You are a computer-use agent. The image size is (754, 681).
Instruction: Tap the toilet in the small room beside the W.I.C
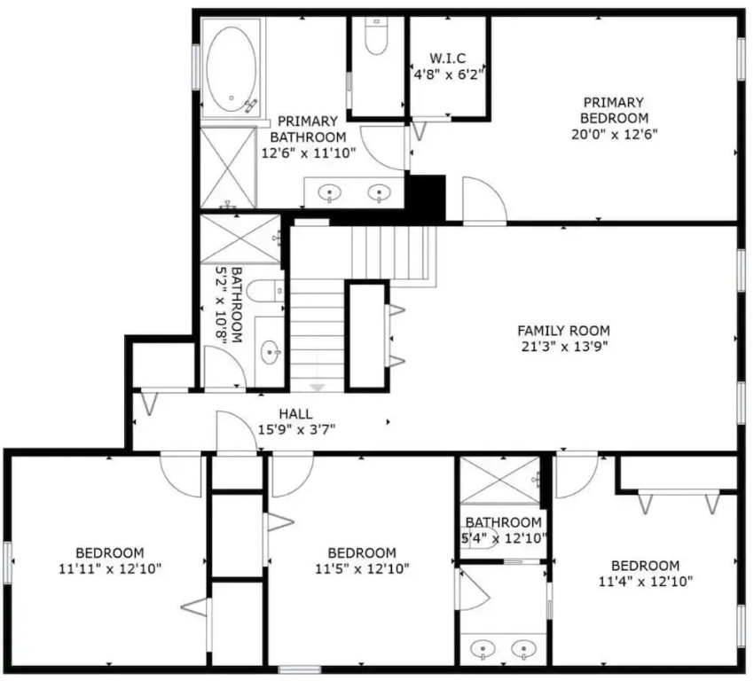pyautogui.click(x=376, y=36)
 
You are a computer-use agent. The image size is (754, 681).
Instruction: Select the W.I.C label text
pyautogui.click(x=448, y=59)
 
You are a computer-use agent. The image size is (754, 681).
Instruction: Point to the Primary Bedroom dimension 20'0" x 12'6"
pyautogui.click(x=614, y=134)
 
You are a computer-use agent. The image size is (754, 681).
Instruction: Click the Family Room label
pyautogui.click(x=563, y=331)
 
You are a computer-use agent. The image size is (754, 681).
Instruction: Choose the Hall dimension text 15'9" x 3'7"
pyautogui.click(x=296, y=429)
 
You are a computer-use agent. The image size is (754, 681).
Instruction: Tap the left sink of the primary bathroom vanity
pyautogui.click(x=330, y=192)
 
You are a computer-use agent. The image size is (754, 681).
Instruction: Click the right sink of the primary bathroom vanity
pyautogui.click(x=380, y=192)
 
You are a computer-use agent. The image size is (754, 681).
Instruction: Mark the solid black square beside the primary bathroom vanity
pyautogui.click(x=425, y=199)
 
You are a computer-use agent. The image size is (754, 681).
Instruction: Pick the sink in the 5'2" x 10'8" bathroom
pyautogui.click(x=271, y=353)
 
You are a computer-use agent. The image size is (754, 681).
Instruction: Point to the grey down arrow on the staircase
pyautogui.click(x=318, y=387)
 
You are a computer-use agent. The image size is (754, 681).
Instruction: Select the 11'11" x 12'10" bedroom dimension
pyautogui.click(x=110, y=569)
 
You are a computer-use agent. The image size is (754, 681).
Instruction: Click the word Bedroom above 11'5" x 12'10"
pyautogui.click(x=362, y=552)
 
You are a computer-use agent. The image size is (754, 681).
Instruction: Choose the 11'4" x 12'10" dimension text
pyautogui.click(x=645, y=582)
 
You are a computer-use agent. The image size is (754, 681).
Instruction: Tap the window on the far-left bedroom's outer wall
pyautogui.click(x=7, y=562)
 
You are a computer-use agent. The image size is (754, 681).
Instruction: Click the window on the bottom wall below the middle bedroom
pyautogui.click(x=300, y=669)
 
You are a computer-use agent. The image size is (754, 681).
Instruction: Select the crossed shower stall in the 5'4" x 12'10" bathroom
pyautogui.click(x=500, y=480)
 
